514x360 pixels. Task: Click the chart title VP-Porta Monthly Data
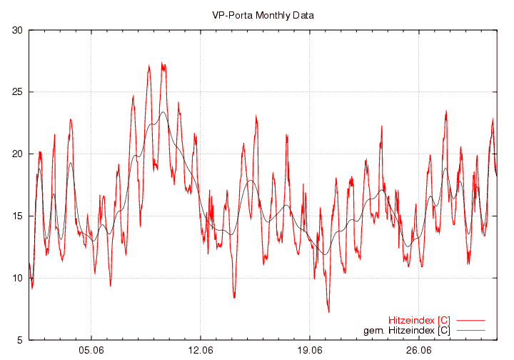click(x=263, y=14)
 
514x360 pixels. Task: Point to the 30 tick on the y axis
click(x=16, y=30)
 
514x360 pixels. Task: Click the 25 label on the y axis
click(x=16, y=92)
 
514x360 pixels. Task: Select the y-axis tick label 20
click(x=16, y=154)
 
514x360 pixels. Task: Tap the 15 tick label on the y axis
click(x=16, y=216)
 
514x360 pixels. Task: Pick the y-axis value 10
click(x=16, y=278)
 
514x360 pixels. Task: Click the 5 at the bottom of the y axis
click(x=19, y=340)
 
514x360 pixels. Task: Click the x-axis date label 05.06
click(x=91, y=351)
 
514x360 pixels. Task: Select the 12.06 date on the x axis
click(x=201, y=351)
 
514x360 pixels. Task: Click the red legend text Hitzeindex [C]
click(x=419, y=320)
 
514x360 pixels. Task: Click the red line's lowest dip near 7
click(x=328, y=311)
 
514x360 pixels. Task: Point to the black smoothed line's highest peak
click(x=163, y=112)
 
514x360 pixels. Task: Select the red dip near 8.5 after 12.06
click(x=234, y=296)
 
